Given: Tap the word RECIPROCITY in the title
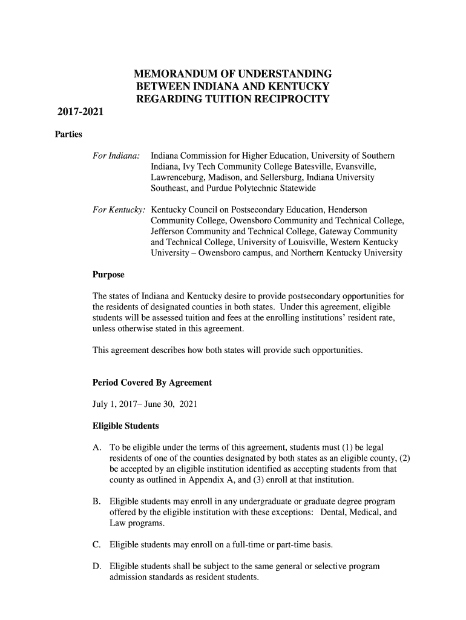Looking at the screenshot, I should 292,99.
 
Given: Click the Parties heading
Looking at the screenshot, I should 69,134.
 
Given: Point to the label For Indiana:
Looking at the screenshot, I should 116,156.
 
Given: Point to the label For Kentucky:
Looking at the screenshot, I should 119,209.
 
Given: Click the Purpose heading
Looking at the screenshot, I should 108,275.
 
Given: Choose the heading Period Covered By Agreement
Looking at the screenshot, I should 152,383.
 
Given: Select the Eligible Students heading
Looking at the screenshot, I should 125,426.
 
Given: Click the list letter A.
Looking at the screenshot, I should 96,447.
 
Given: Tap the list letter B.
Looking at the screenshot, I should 96,502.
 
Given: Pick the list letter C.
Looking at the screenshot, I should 96,545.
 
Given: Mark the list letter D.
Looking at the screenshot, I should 96,567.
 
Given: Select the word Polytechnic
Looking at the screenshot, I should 257,189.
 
